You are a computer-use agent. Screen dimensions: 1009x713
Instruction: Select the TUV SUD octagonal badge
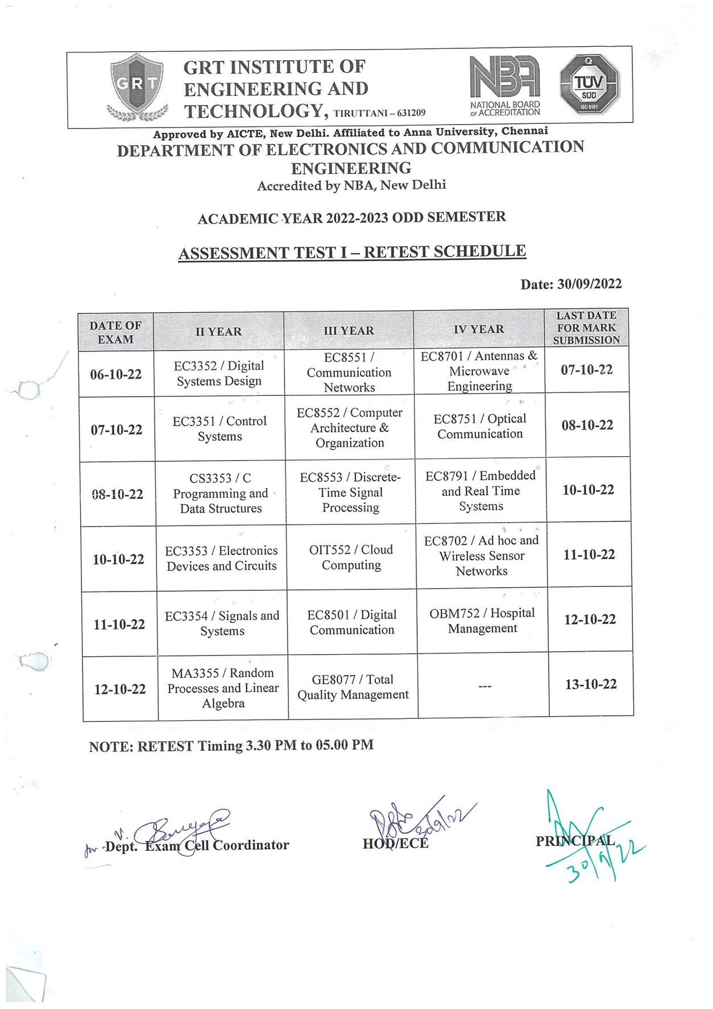(589, 85)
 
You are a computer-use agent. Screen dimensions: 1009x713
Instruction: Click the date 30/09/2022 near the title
(589, 284)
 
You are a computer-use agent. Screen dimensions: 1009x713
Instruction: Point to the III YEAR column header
(349, 330)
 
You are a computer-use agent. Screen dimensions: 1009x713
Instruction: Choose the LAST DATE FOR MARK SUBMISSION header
(586, 328)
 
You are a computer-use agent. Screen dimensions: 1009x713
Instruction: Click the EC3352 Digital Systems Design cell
(219, 373)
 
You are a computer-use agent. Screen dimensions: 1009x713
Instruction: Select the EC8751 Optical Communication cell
(480, 426)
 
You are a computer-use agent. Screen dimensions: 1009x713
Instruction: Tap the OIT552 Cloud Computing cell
(351, 557)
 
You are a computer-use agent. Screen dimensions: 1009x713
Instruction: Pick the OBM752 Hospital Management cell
(482, 621)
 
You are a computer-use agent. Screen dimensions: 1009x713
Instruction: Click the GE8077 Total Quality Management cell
(353, 687)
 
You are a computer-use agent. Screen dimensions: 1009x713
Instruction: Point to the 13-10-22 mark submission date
(591, 684)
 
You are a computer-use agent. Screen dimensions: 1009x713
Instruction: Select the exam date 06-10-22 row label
(116, 374)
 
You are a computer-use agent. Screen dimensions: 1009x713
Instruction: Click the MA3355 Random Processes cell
(223, 688)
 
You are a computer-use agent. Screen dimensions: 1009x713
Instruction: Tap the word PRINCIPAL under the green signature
(575, 841)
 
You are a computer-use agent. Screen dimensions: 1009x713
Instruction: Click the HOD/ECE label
(396, 843)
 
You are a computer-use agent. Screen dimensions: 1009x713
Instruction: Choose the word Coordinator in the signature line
(251, 845)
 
